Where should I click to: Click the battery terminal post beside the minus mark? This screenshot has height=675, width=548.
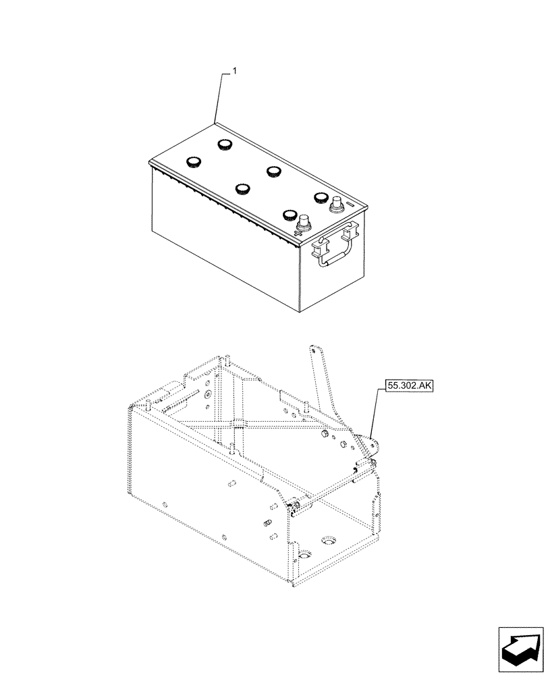(x=335, y=202)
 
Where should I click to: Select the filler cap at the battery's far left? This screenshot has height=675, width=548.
(x=194, y=161)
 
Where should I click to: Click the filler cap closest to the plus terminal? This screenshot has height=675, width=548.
(x=290, y=215)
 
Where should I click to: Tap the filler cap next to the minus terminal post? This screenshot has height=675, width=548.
(x=319, y=197)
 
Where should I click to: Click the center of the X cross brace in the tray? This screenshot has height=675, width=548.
(x=236, y=424)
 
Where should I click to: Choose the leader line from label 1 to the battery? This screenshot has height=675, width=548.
(x=219, y=98)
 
